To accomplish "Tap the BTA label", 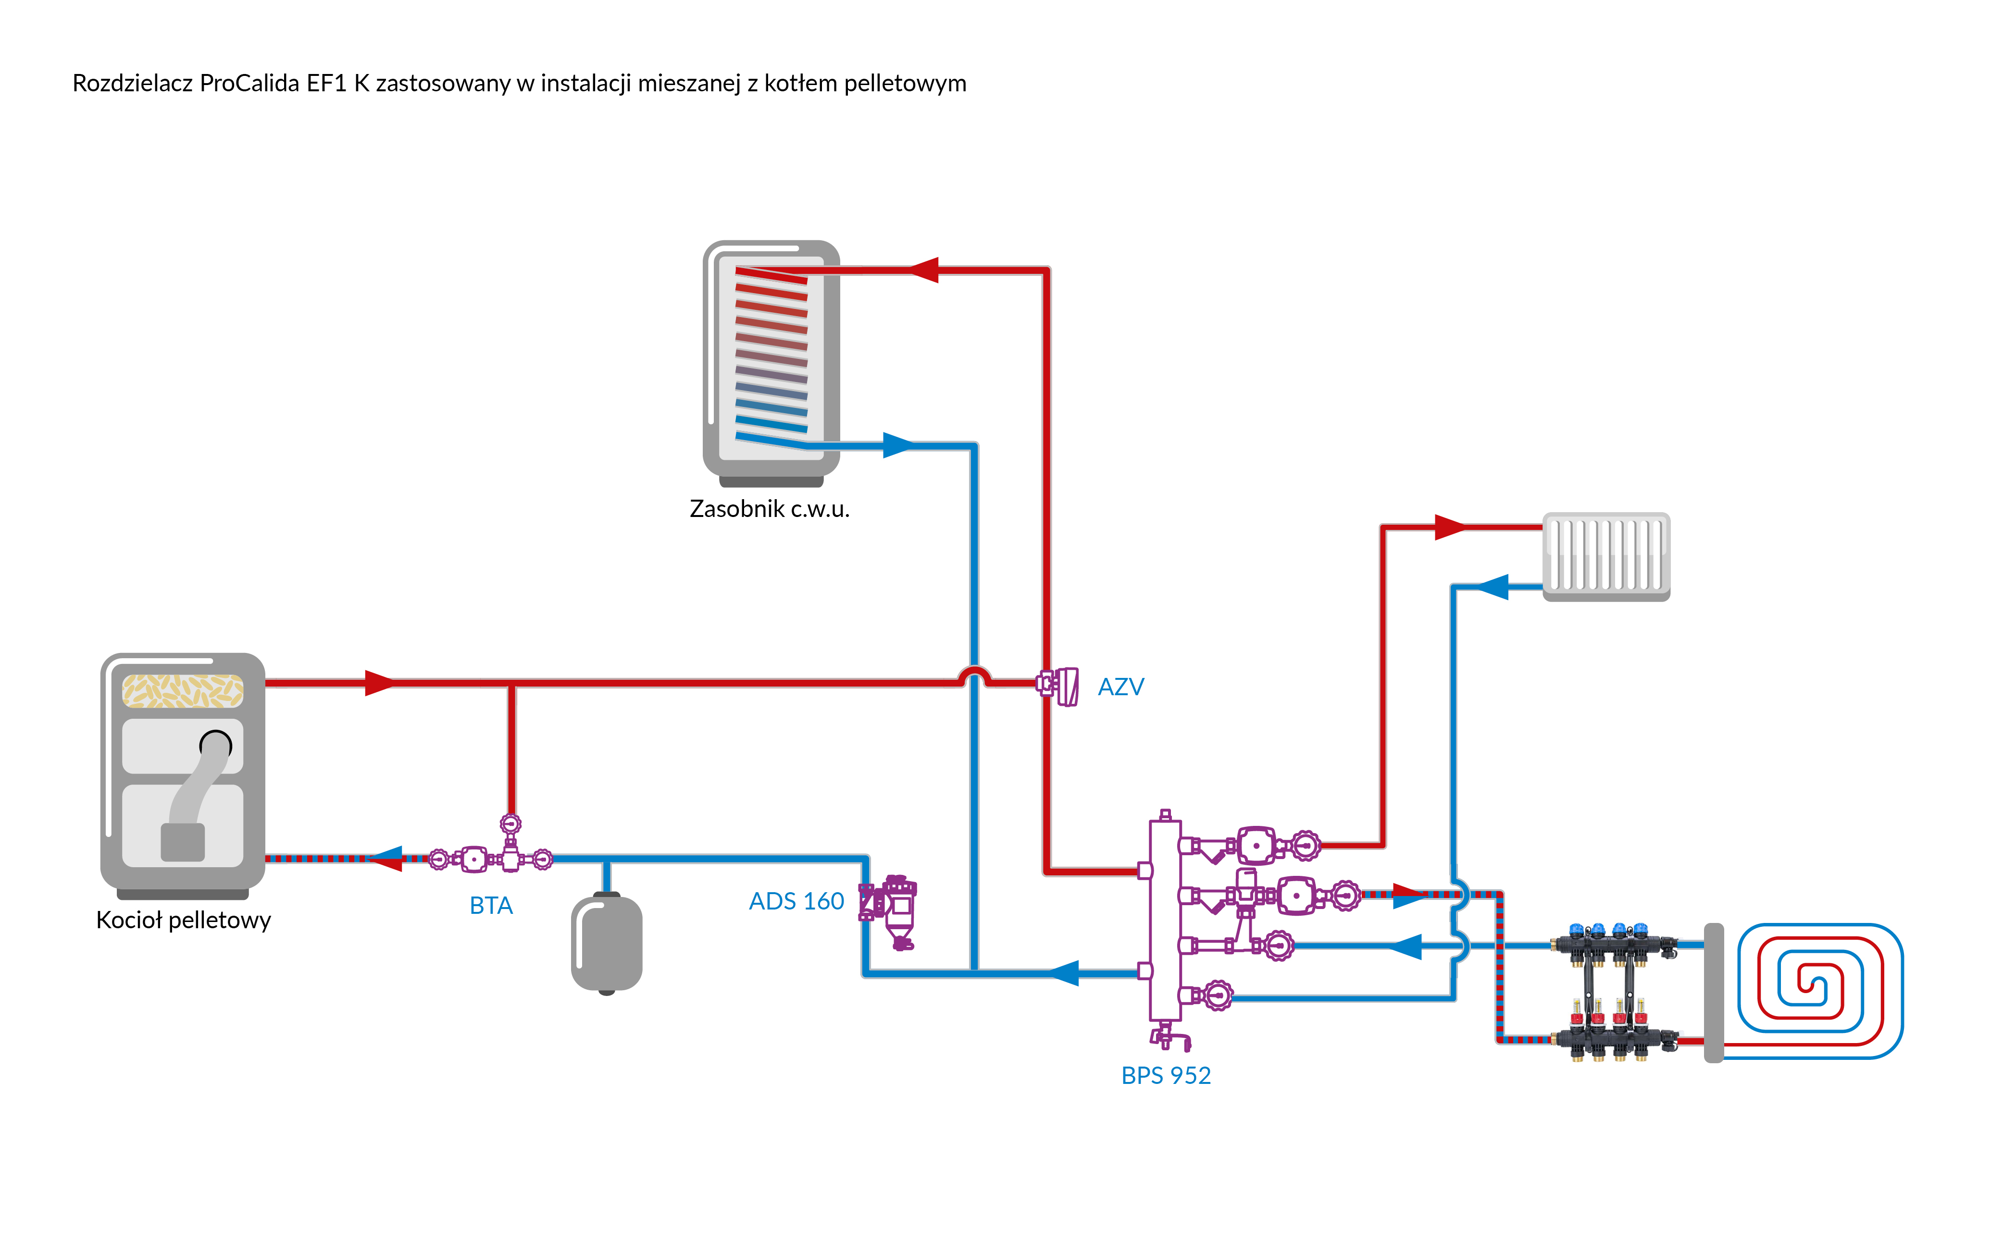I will tap(491, 905).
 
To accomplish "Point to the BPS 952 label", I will tap(1166, 1075).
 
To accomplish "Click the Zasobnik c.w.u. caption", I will tap(769, 509).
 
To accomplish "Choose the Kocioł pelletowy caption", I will tap(183, 920).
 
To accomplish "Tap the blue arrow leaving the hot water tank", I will tap(898, 446).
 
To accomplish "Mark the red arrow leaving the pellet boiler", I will tap(379, 682).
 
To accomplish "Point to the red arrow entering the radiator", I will tap(1450, 527).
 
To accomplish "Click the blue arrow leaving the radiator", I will tap(1493, 587).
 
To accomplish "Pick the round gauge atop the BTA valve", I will tap(510, 823).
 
